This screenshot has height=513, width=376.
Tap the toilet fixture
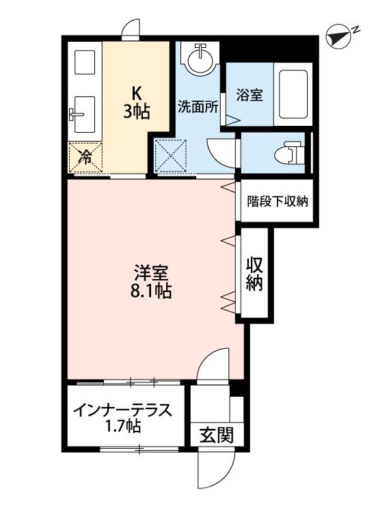point(293,152)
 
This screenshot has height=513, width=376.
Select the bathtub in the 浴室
point(293,94)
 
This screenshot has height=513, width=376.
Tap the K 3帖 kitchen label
point(136,102)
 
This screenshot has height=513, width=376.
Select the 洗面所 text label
point(198,107)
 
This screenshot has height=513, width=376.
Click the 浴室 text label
point(249,96)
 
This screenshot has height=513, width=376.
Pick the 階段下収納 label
point(278,201)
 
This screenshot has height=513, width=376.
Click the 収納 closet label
point(255,273)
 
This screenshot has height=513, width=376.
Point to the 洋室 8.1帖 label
point(152,280)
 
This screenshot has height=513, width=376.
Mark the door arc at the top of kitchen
point(131,29)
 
